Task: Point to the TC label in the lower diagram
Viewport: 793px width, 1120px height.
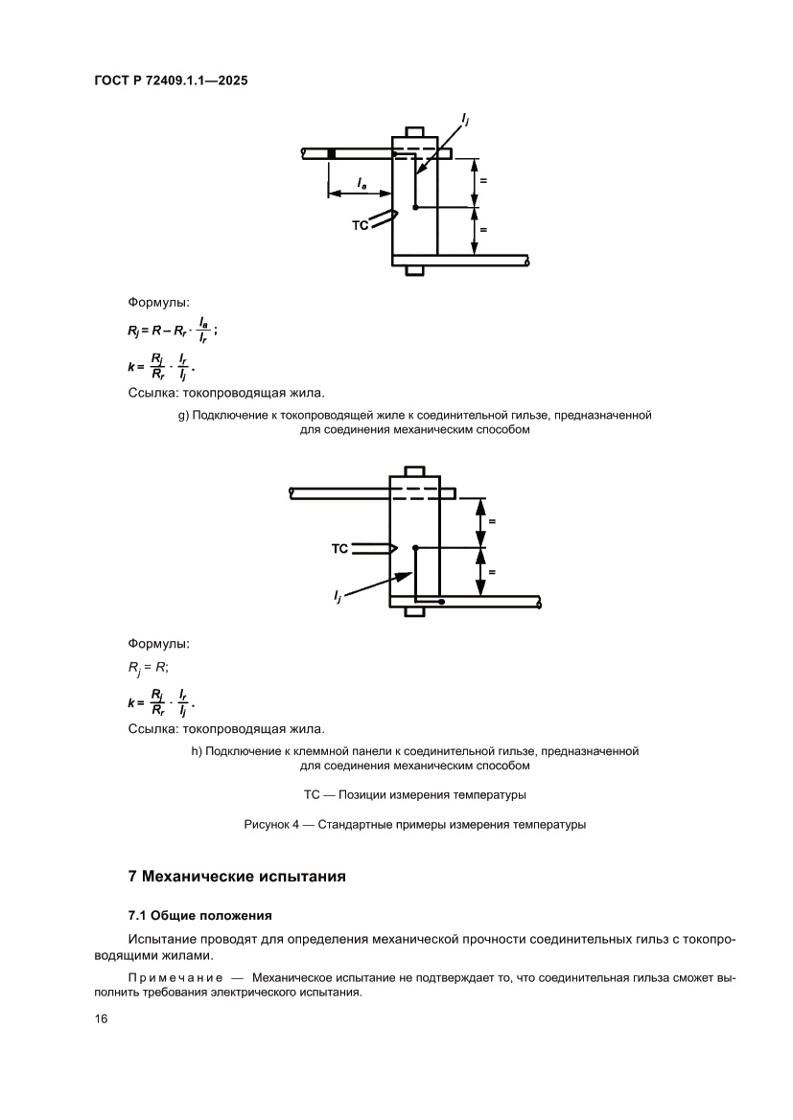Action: [x=338, y=549]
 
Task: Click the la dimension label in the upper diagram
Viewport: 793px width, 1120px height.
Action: [x=361, y=181]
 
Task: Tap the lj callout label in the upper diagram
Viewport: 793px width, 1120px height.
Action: [x=465, y=119]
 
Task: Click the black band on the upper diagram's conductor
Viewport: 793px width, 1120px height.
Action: [x=332, y=153]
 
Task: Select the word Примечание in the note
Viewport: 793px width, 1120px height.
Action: [x=175, y=976]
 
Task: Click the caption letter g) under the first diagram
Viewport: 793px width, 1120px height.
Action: [x=183, y=416]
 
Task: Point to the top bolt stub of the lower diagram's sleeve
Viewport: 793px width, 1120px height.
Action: [x=414, y=471]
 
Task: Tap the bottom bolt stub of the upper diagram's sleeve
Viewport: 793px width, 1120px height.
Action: [x=414, y=270]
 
